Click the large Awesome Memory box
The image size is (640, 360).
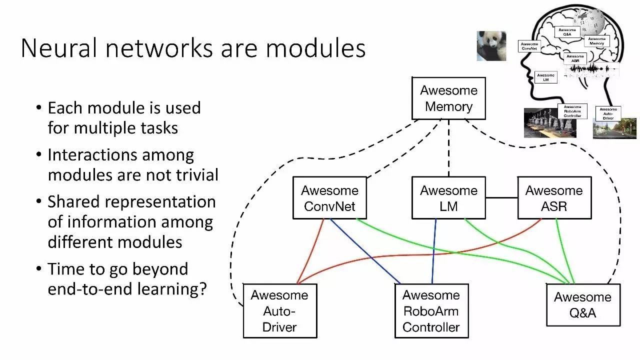pos(448,98)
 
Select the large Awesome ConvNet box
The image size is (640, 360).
pos(329,198)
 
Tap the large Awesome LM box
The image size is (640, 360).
pos(448,198)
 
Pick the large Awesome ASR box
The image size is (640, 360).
pos(554,198)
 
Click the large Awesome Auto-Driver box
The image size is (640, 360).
pos(279,311)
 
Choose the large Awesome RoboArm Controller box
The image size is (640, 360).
pos(431,311)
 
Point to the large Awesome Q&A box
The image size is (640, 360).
pos(582,305)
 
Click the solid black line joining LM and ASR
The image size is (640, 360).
pos(501,197)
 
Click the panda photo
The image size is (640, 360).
pos(491,46)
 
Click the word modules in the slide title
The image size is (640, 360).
pos(315,48)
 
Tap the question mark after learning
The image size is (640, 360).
pos(202,289)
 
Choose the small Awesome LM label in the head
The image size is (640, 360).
pos(545,77)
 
